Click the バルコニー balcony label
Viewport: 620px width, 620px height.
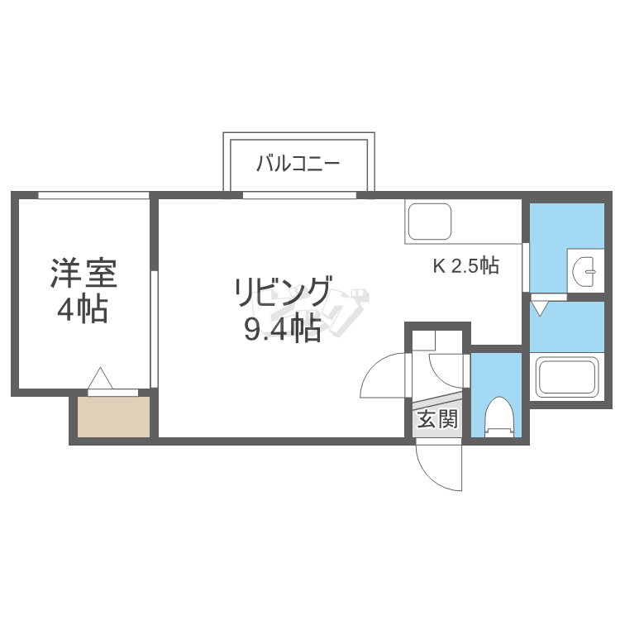(298, 162)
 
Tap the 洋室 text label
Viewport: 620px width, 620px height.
(83, 274)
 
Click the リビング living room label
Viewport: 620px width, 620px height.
(283, 292)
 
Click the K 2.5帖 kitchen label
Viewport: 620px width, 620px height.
(466, 266)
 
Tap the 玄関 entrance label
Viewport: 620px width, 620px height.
(436, 419)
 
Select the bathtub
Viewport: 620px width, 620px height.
(567, 378)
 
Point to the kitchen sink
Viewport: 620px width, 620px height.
(430, 221)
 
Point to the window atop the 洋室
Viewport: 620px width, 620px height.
(93, 195)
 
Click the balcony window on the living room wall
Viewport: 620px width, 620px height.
(299, 196)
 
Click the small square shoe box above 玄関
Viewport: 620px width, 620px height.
(423, 340)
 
